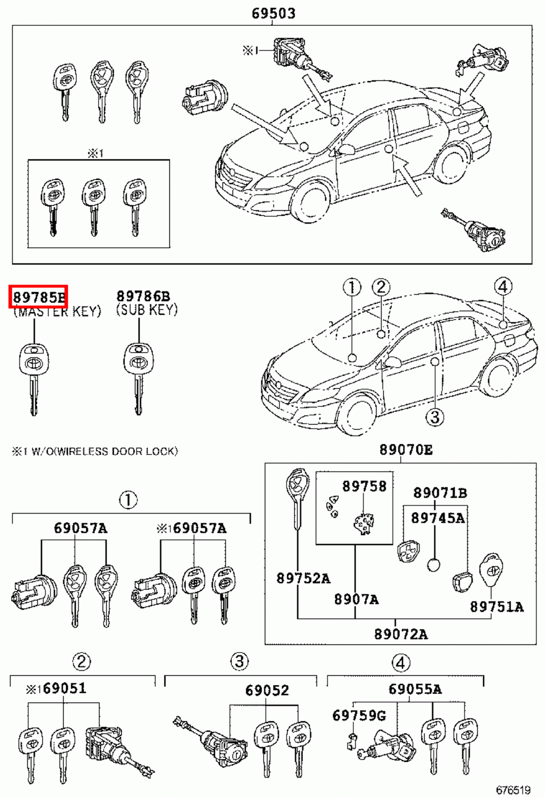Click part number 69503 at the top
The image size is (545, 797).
tap(273, 13)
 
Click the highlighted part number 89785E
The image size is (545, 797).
tap(38, 297)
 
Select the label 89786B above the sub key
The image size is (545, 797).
tap(143, 297)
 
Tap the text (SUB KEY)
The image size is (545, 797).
tap(146, 310)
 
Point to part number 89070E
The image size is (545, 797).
tap(406, 450)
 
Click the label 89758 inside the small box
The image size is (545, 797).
tap(364, 486)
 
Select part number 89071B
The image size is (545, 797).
tap(440, 493)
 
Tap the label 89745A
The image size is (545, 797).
tap(437, 518)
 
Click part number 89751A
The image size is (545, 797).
tap(497, 607)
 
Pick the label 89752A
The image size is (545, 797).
tap(303, 578)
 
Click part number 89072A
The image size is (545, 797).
tap(401, 634)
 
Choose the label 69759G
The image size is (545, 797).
tap(359, 716)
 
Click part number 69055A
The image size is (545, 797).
tap(415, 689)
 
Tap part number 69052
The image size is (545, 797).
tap(267, 690)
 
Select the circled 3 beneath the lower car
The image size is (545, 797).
tap(434, 416)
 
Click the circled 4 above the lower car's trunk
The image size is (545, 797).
tap(503, 286)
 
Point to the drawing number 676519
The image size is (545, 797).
tap(513, 790)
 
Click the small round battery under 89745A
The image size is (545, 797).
tap(434, 565)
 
